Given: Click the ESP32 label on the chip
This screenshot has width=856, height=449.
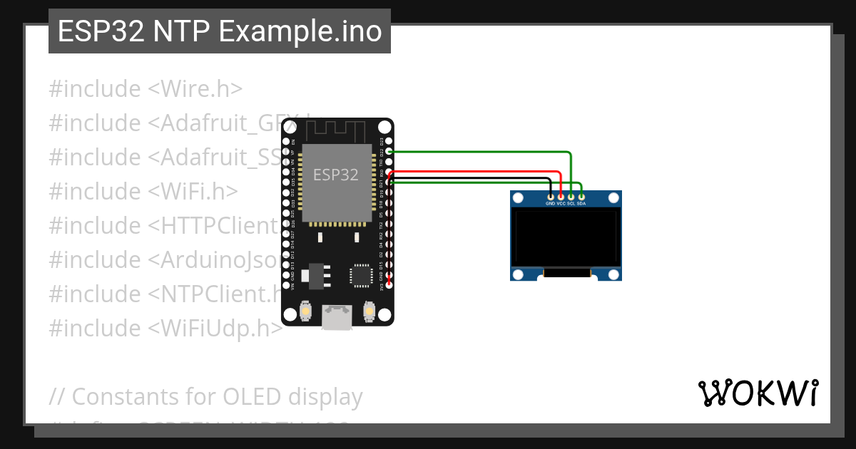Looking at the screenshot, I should click(x=336, y=175).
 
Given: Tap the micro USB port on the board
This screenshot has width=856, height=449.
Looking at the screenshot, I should click(x=337, y=316).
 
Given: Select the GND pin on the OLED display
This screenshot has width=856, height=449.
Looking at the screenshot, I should click(x=550, y=196).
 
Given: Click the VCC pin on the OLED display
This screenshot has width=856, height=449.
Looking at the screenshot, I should click(x=561, y=196).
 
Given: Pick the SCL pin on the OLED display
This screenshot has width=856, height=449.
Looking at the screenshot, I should click(x=571, y=196).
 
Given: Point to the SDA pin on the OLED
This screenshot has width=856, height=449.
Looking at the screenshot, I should click(x=581, y=196).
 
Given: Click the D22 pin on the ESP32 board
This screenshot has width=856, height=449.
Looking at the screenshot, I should click(x=389, y=151).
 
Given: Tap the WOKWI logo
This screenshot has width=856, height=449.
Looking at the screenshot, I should click(x=758, y=393).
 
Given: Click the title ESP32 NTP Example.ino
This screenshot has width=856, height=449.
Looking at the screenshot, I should click(x=220, y=31).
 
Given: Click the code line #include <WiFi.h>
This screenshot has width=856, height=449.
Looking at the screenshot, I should click(x=143, y=191).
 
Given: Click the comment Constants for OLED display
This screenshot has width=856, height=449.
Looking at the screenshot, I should click(x=206, y=396).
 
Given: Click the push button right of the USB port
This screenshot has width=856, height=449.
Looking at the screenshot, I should click(x=370, y=311).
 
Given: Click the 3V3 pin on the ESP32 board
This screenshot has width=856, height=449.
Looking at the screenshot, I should click(x=389, y=284).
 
